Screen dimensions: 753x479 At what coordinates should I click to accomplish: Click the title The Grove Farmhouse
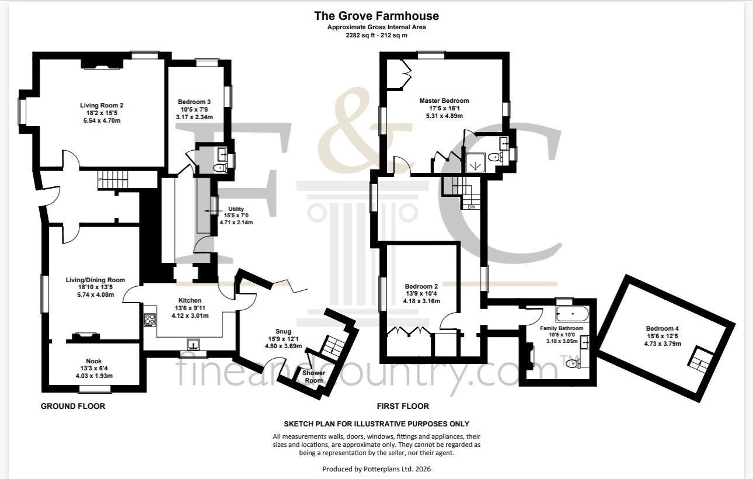pyautogui.click(x=376, y=16)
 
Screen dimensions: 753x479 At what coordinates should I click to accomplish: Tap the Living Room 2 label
pyautogui.click(x=102, y=105)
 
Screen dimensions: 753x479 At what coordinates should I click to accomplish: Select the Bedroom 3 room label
pyautogui.click(x=194, y=102)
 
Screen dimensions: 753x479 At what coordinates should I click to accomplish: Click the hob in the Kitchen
pyautogui.click(x=150, y=320)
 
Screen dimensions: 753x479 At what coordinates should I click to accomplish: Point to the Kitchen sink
pyautogui.click(x=193, y=345)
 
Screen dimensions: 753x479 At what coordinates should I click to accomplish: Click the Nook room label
pyautogui.click(x=94, y=361)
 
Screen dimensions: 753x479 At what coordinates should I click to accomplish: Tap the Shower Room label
pyautogui.click(x=313, y=376)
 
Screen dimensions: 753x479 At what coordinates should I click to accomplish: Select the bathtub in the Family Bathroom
pyautogui.click(x=572, y=314)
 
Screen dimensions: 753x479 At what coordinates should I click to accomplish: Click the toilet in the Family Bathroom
pyautogui.click(x=573, y=363)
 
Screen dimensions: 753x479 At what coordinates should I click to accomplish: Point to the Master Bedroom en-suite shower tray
pyautogui.click(x=475, y=163)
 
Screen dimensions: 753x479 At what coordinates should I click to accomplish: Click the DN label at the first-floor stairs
pyautogui.click(x=471, y=207)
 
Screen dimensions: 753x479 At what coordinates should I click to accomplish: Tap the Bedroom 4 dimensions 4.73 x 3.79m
pyautogui.click(x=663, y=343)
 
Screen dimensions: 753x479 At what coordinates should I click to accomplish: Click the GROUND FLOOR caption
pyautogui.click(x=73, y=406)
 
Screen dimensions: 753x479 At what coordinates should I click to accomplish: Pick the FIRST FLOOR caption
pyautogui.click(x=403, y=406)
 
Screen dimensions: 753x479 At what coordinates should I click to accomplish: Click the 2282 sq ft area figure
pyautogui.click(x=360, y=35)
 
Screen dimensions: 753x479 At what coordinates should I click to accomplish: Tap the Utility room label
pyautogui.click(x=236, y=209)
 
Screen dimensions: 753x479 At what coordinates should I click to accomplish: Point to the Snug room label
pyautogui.click(x=283, y=331)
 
